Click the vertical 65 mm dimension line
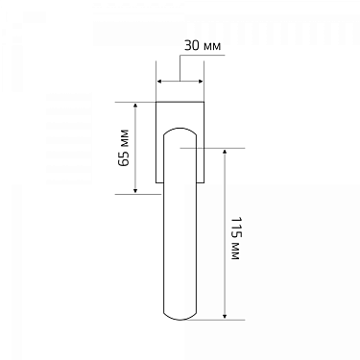[135, 147]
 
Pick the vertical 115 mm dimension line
[225, 233]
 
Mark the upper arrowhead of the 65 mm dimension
[135, 105]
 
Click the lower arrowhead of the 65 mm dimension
[135, 189]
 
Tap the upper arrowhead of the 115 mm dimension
[225, 152]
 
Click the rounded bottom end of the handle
[180, 320]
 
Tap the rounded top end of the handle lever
[180, 130]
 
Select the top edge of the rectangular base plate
[180, 100]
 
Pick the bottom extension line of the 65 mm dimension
[134, 193]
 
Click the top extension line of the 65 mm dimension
[134, 100]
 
